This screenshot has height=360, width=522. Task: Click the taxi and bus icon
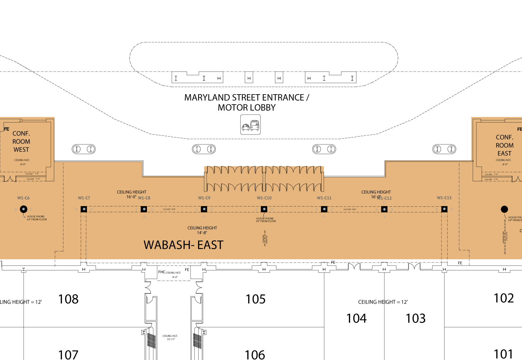tap(250, 124)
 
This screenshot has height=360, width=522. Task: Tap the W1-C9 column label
tap(204, 198)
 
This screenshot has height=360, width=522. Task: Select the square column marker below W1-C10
tap(264, 209)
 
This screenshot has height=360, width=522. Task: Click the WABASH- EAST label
tap(184, 245)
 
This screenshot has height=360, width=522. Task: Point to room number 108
tap(68, 299)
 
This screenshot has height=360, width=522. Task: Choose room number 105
tap(256, 299)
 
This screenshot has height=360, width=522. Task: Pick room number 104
tap(356, 318)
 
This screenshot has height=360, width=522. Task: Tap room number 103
tap(415, 318)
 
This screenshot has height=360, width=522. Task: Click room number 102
tap(504, 298)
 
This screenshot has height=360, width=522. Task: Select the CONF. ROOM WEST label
tap(21, 142)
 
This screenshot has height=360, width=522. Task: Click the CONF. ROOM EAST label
tap(505, 145)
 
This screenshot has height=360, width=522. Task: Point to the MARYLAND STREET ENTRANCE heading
tap(247, 98)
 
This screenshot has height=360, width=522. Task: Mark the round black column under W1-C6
tap(24, 209)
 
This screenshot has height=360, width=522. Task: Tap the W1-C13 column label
tap(444, 198)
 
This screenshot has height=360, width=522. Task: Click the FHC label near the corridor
tap(162, 272)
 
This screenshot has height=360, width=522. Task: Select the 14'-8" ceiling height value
tap(202, 233)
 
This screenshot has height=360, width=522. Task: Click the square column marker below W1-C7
tap(84, 209)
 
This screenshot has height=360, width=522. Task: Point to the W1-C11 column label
tap(324, 198)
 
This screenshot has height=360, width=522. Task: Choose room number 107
tap(68, 355)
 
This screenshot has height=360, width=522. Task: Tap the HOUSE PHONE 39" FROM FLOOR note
tap(265, 220)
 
